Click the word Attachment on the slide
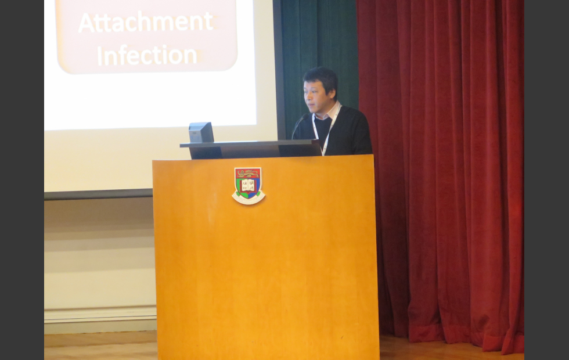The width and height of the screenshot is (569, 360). point(146,22)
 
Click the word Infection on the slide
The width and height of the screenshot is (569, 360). point(146,56)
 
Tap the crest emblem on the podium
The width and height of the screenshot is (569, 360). point(249,185)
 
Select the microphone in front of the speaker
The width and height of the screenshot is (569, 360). point(300,125)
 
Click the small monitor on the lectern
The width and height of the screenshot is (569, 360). point(201,132)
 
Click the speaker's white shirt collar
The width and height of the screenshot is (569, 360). point(329,111)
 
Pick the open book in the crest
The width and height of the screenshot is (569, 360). point(249,185)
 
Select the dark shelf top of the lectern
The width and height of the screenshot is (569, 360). point(250,143)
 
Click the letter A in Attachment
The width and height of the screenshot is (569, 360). point(87,23)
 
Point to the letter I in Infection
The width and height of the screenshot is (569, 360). point(99,56)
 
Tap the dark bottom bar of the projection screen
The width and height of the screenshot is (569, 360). point(98,194)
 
